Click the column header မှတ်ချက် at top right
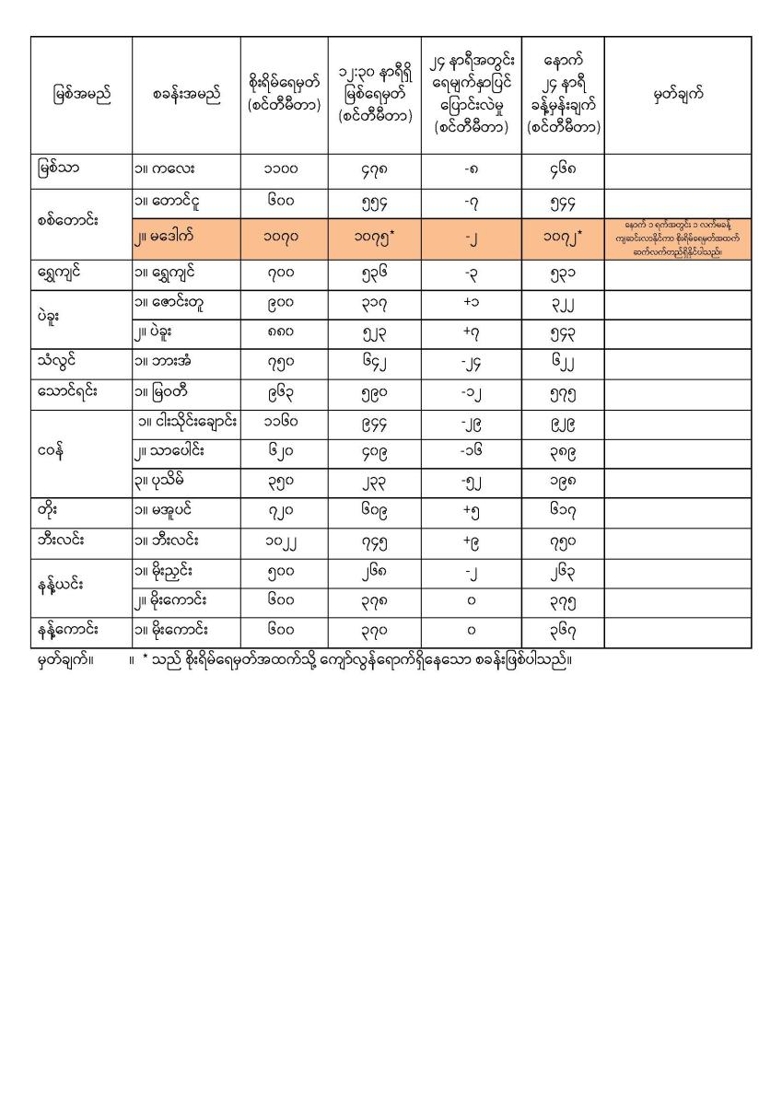click(x=677, y=95)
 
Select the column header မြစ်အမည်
click(x=81, y=95)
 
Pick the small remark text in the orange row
click(x=677, y=238)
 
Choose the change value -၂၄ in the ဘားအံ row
click(x=471, y=361)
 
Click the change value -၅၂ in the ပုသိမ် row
click(x=471, y=483)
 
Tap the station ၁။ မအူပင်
click(x=169, y=511)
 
